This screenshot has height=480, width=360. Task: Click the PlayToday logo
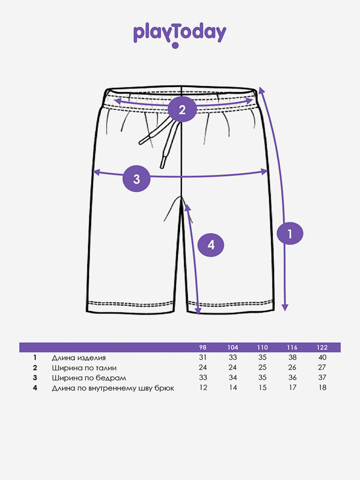pyautogui.click(x=180, y=33)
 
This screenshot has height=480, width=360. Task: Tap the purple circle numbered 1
pyautogui.click(x=290, y=233)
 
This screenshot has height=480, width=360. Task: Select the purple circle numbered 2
pyautogui.click(x=182, y=109)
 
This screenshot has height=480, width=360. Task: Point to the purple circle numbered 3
pyautogui.click(x=136, y=179)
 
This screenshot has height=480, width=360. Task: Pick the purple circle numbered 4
pyautogui.click(x=211, y=244)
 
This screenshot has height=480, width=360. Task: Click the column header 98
pyautogui.click(x=202, y=347)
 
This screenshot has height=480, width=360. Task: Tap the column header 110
pyautogui.click(x=262, y=347)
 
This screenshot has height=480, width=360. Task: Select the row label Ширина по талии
pyautogui.click(x=84, y=368)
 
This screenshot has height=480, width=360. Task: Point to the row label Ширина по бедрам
pyautogui.click(x=89, y=378)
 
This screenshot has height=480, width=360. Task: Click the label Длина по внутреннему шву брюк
pyautogui.click(x=113, y=388)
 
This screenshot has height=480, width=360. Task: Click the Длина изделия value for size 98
pyautogui.click(x=202, y=358)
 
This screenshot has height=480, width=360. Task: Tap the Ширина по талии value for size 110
pyautogui.click(x=262, y=368)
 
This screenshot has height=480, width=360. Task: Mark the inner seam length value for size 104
pyautogui.click(x=232, y=388)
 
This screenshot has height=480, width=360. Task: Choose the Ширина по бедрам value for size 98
pyautogui.click(x=202, y=378)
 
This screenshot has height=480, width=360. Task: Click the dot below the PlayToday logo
pyautogui.click(x=175, y=45)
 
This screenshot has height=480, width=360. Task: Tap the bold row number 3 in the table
pyautogui.click(x=35, y=378)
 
